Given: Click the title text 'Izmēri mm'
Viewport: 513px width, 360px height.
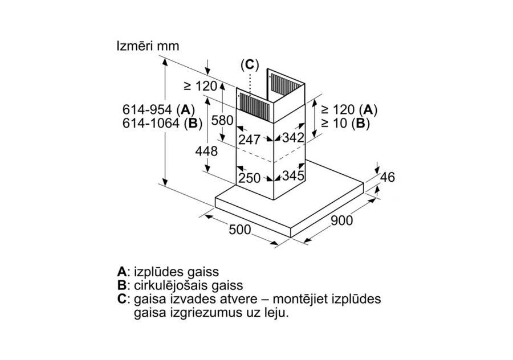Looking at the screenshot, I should pos(147,46).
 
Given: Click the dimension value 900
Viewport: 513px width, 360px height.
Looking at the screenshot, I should pos(341,221).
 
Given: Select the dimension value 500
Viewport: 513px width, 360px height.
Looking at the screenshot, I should pos(240,230).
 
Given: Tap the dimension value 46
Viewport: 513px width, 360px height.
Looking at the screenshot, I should pos(387,177).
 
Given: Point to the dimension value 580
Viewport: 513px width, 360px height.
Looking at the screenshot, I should pos(221,121).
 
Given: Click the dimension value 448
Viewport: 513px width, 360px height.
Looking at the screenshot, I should pos(206,152).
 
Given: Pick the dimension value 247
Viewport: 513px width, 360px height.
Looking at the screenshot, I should pos(249,140).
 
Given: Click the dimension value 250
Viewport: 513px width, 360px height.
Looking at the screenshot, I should pos(249,178).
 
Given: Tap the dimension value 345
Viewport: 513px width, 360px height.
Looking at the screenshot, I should pos(294,176).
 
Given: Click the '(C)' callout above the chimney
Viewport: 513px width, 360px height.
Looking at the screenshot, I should pos(250,64).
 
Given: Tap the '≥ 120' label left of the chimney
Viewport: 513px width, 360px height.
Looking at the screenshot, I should pos(201,87).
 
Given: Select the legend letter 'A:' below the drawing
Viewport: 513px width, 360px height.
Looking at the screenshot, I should pos(122,272).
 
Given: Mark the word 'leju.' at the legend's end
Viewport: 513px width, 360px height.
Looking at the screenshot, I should pos(276,313).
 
